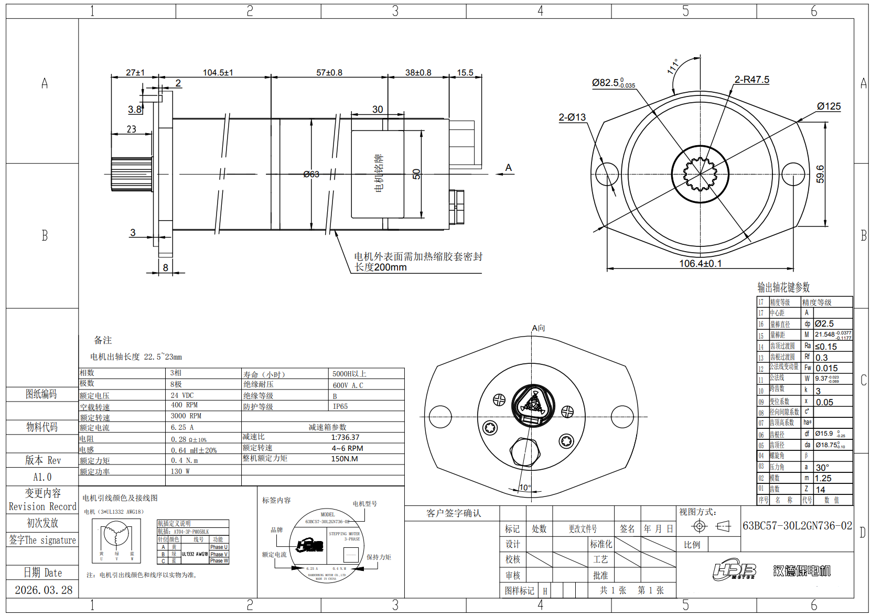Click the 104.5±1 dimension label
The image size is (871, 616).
tap(218, 72)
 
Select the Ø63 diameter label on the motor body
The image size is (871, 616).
tap(311, 174)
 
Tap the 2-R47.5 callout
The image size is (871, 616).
tap(751, 80)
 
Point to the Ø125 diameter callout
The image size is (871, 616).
tap(829, 106)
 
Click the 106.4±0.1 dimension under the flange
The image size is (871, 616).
tap(700, 263)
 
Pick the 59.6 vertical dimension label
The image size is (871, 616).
tap(820, 174)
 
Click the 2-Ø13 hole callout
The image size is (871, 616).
tap(572, 117)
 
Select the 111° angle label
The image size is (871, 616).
tap(672, 67)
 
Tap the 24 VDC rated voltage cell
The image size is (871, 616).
tap(182, 395)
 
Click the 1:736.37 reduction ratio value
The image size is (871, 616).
tap(345, 437)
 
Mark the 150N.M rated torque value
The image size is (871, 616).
tap(345, 459)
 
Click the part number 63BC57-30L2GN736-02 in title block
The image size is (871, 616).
tap(797, 526)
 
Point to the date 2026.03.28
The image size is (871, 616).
tap(44, 590)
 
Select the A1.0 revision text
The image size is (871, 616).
tap(42, 477)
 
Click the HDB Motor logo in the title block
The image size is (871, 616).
tap(734, 570)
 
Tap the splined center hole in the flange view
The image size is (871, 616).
tap(700, 174)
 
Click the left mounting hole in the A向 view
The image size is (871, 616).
tap(440, 417)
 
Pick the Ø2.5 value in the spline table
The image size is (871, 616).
tap(824, 324)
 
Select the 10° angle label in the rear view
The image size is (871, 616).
tap(525, 488)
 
